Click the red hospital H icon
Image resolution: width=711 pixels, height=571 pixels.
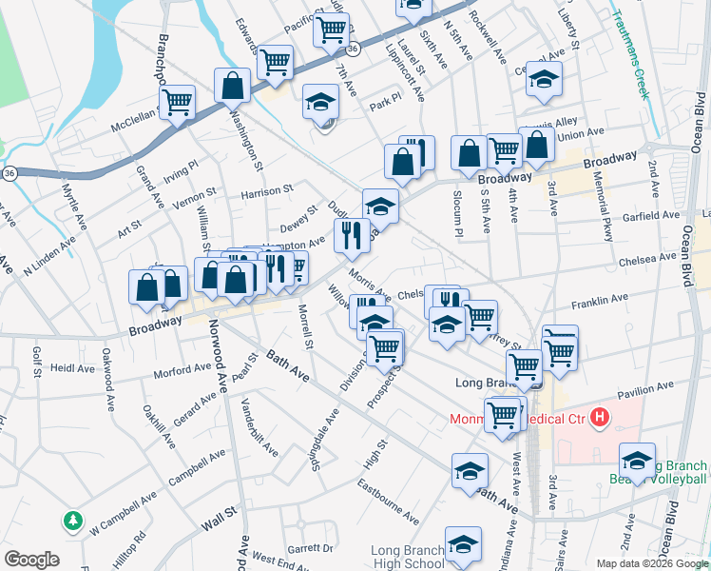click(600, 417)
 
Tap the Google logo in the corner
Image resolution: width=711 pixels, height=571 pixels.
click(31, 560)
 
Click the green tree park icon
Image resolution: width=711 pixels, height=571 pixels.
click(73, 521)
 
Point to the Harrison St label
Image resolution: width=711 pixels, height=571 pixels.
click(266, 192)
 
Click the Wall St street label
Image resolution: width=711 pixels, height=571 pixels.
click(218, 522)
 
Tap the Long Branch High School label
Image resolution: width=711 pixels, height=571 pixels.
click(407, 558)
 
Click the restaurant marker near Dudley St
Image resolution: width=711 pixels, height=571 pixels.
click(352, 236)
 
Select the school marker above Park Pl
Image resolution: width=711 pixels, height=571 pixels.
click(321, 101)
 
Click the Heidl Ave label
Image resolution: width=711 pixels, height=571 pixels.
click(73, 367)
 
